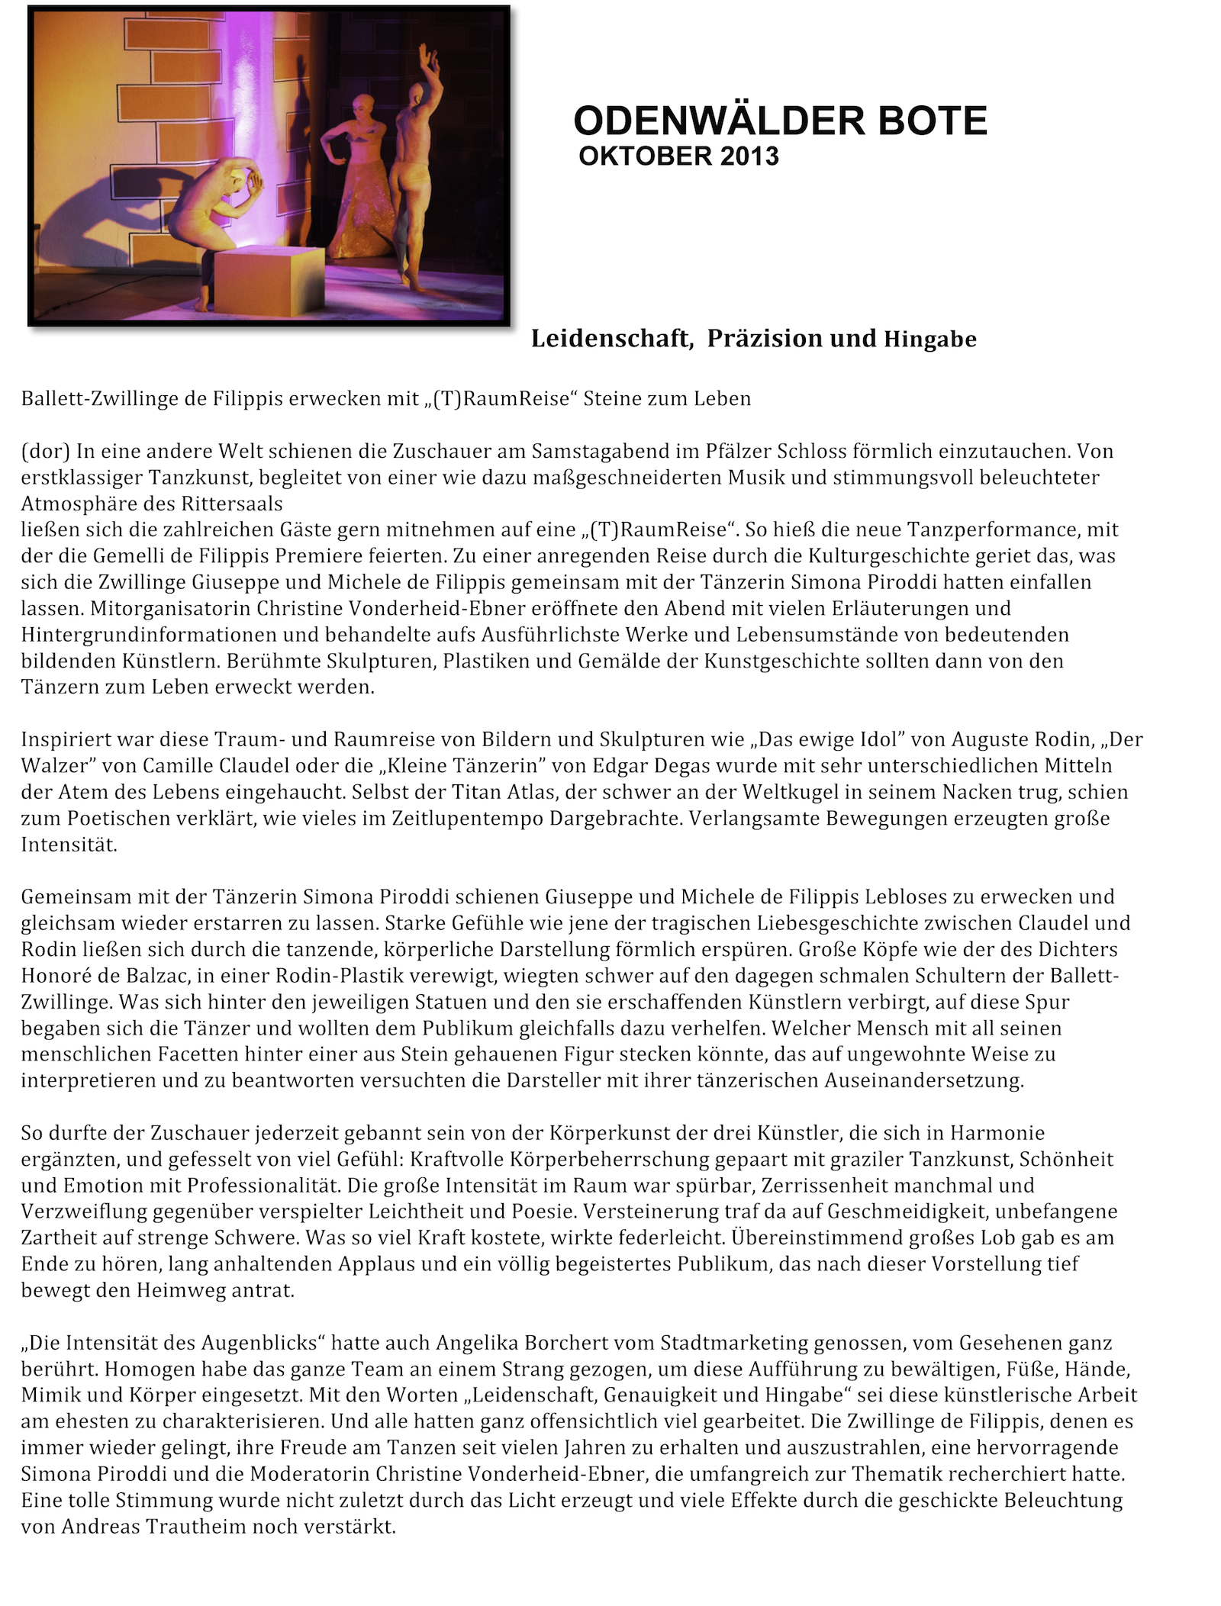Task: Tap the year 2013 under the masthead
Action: [x=749, y=156]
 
